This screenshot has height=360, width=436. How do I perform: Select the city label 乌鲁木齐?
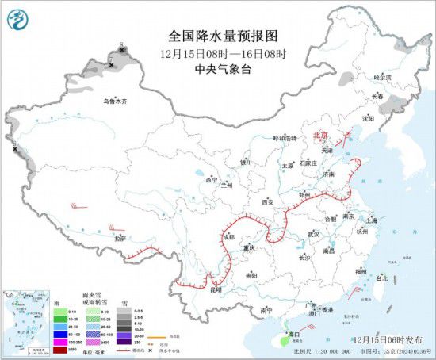coord(116,101)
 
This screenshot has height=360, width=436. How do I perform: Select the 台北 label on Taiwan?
coord(381,278)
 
